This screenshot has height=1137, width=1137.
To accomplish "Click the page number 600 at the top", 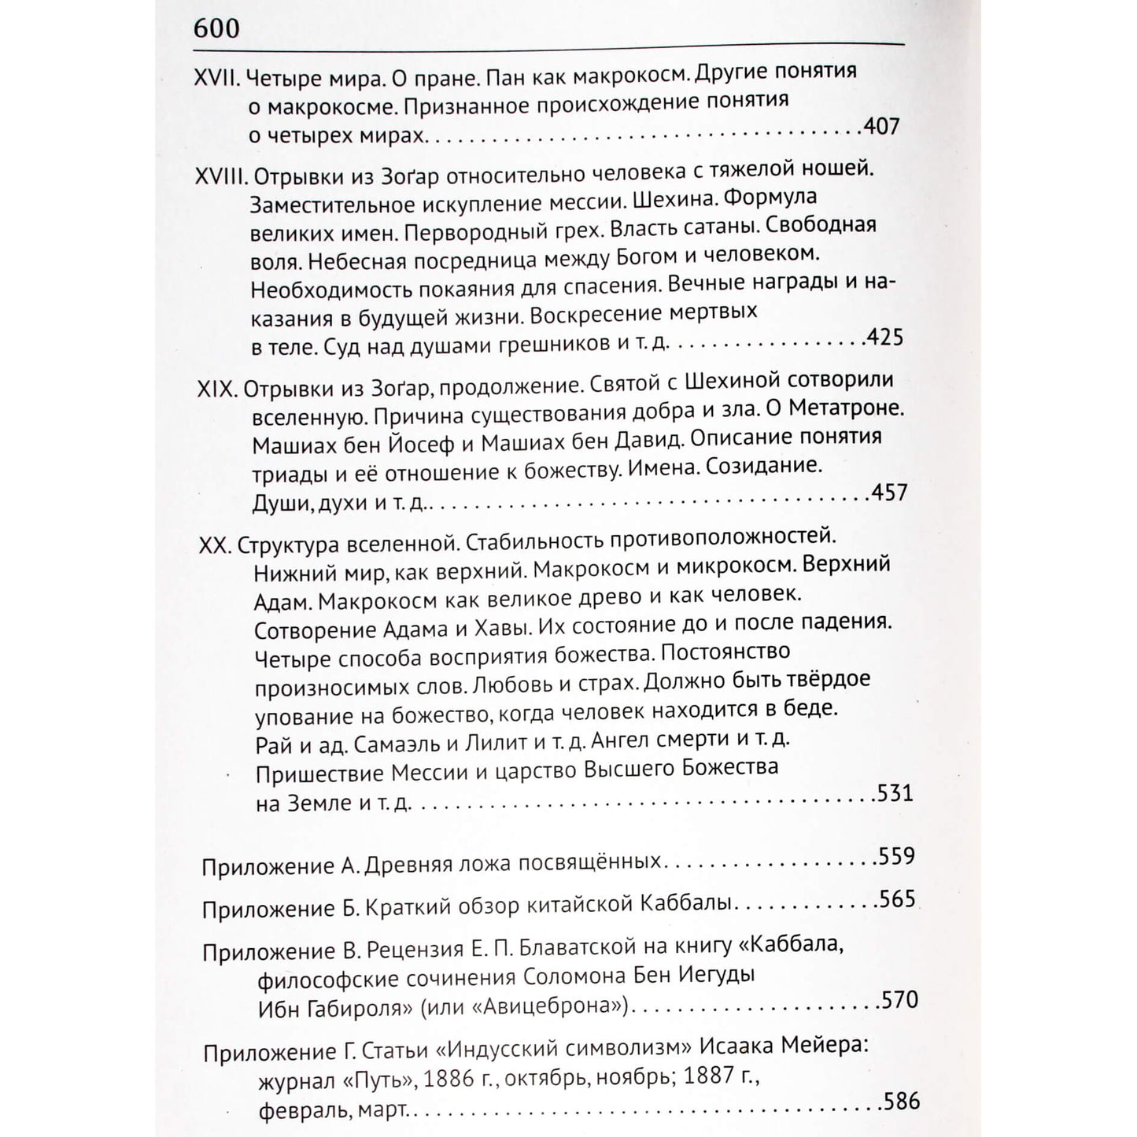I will (216, 29).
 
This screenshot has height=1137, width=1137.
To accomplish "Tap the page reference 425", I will (884, 338).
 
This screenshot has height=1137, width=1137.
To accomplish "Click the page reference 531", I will (894, 792).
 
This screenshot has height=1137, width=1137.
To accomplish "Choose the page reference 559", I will (896, 855).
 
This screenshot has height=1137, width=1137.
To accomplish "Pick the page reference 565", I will (897, 899).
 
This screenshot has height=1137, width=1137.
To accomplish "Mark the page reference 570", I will (899, 1000).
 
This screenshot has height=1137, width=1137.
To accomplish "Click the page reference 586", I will (901, 1101).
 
